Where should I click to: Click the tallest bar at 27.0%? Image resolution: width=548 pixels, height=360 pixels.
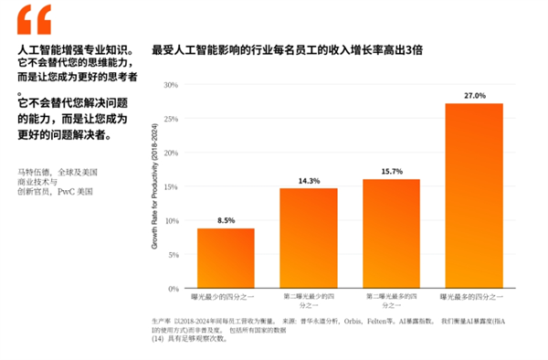coord(474,196)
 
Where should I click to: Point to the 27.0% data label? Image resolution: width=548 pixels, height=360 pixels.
coord(474,95)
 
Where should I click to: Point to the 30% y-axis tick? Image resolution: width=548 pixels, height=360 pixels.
coord(170,85)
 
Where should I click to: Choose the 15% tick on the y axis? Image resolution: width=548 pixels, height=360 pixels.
coord(170,187)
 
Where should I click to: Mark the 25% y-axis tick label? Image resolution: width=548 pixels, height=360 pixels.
coord(170,119)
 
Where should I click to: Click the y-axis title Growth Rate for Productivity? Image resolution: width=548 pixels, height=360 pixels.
coord(155,187)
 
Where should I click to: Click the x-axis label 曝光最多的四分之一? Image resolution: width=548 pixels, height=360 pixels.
coord(474,296)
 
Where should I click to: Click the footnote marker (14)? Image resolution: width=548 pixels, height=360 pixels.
coord(158,339)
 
